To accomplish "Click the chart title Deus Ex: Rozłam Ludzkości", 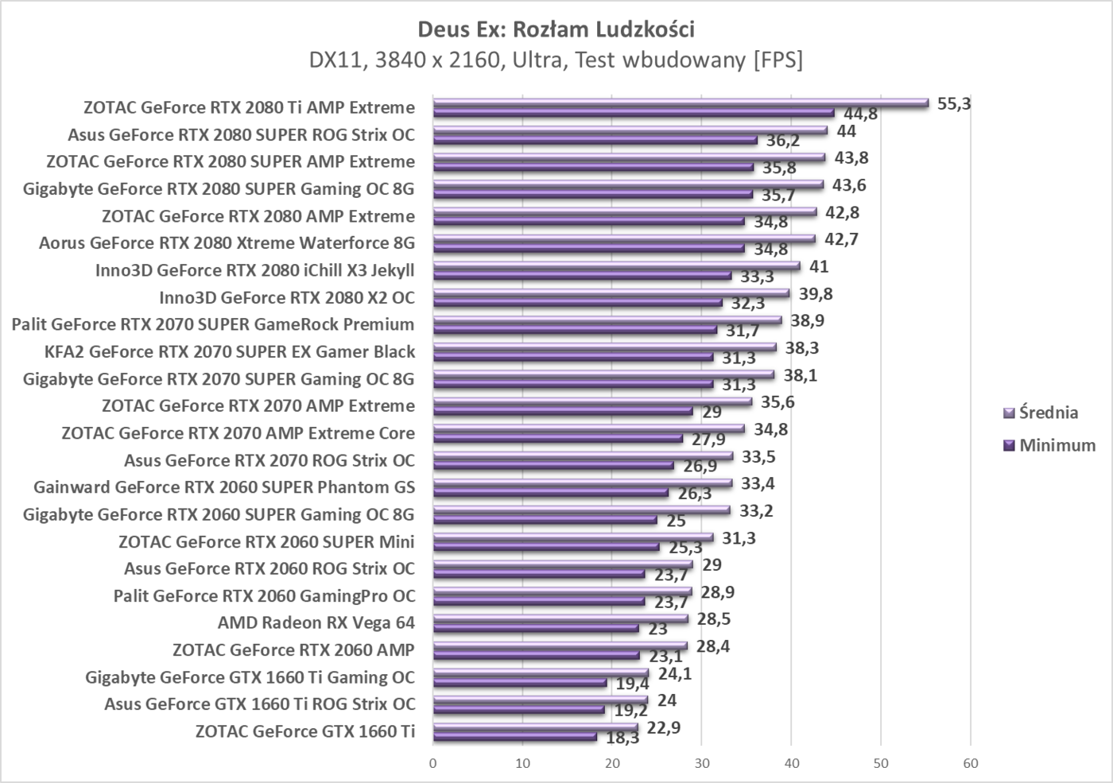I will [x=556, y=29].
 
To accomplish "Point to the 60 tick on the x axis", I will [x=970, y=763].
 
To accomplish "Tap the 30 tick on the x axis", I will [x=701, y=763].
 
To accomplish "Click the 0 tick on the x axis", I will [x=432, y=763].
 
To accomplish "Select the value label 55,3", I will [x=954, y=103].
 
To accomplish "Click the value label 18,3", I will [x=622, y=738].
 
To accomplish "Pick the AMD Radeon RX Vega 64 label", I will [x=316, y=622].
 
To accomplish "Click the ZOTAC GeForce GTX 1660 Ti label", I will [x=304, y=731].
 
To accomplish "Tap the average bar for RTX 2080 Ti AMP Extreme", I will [x=680, y=103].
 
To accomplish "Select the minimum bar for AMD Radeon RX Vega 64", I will [x=535, y=628].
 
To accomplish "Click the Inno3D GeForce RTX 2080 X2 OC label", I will [x=287, y=297].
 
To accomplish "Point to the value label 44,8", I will [x=860, y=114].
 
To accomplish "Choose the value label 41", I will [x=819, y=266].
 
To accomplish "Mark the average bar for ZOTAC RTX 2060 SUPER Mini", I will [x=572, y=537].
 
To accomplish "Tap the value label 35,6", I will [x=778, y=402].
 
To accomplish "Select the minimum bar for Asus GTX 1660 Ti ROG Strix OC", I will [x=518, y=710].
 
